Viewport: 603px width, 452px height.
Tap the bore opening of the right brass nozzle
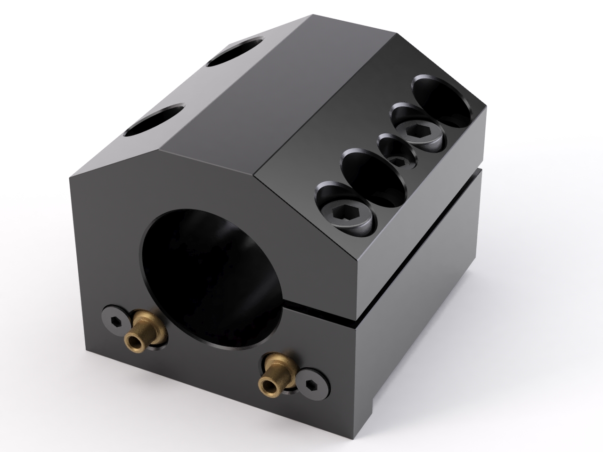click(x=267, y=385)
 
